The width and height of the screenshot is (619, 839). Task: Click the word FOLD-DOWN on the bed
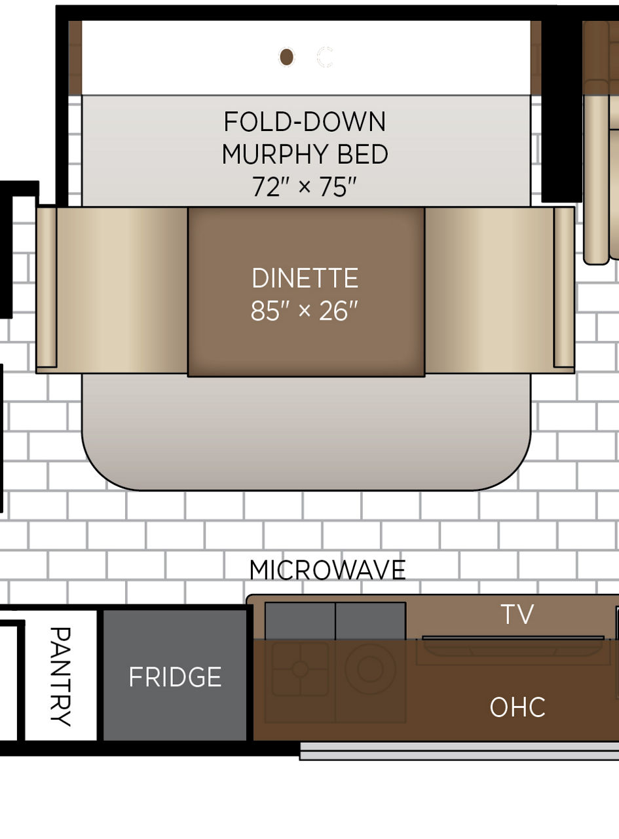pyautogui.click(x=305, y=122)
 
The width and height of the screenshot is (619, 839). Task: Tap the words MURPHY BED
pyautogui.click(x=305, y=154)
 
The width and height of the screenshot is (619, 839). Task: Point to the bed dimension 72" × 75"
pyautogui.click(x=305, y=187)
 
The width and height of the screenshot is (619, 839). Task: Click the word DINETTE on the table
pyautogui.click(x=305, y=278)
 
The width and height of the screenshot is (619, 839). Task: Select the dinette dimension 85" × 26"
pyautogui.click(x=305, y=311)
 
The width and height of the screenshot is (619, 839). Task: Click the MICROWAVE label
pyautogui.click(x=328, y=570)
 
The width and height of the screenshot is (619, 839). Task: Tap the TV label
pyautogui.click(x=517, y=614)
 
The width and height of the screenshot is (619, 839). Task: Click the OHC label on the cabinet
pyautogui.click(x=517, y=707)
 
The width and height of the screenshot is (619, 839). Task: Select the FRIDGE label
pyautogui.click(x=175, y=677)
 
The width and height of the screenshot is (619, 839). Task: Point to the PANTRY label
pyautogui.click(x=60, y=677)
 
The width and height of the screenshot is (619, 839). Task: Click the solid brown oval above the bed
pyautogui.click(x=286, y=57)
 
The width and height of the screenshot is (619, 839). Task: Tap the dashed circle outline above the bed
pyautogui.click(x=324, y=57)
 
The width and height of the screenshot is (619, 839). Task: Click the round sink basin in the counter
pyautogui.click(x=370, y=669)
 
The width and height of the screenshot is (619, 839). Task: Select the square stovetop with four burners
pyautogui.click(x=300, y=669)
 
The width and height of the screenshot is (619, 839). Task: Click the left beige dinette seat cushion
pyautogui.click(x=122, y=290)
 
